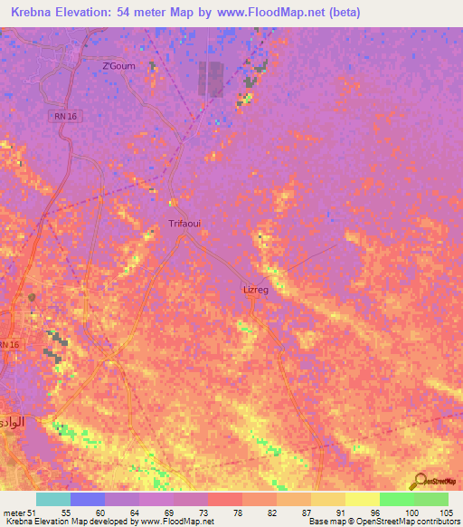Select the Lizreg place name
point(256,290)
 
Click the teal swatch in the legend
point(52,499)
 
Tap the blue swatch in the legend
point(87,499)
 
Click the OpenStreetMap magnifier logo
point(420,482)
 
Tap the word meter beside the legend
point(14,513)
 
